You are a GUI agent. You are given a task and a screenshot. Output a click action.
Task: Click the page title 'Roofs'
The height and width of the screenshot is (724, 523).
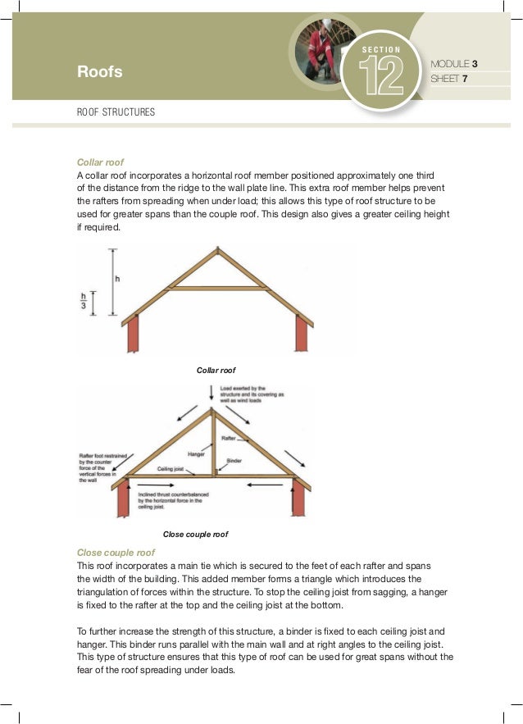[99, 72]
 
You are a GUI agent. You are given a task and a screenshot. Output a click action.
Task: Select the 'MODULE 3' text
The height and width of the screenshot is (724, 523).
[454, 63]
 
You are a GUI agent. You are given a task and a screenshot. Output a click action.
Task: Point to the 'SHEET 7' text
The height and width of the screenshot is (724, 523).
[448, 80]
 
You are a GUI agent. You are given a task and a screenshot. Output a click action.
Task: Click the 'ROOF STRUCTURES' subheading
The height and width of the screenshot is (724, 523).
[116, 112]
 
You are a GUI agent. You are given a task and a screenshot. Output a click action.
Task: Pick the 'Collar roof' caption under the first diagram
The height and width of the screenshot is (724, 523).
[216, 371]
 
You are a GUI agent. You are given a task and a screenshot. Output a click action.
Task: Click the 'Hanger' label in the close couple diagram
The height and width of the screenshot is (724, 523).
[196, 453]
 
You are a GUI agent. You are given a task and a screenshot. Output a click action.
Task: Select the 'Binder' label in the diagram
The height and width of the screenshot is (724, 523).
[234, 462]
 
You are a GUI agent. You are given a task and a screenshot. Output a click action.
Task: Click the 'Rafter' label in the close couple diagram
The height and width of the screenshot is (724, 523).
[229, 439]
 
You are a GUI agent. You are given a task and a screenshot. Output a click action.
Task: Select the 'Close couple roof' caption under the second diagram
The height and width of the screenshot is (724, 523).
[195, 534]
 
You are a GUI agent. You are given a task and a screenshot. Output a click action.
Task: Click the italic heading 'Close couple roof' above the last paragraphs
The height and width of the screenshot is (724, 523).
[116, 553]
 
